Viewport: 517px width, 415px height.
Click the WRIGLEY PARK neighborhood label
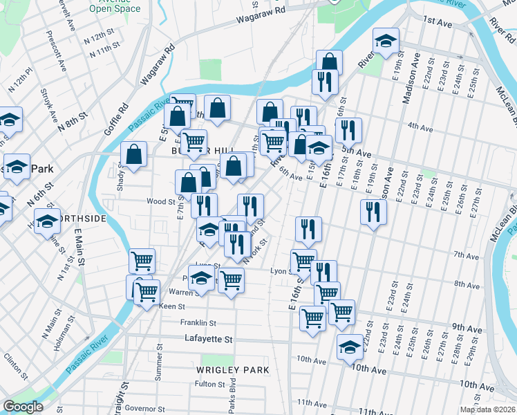point(233,370)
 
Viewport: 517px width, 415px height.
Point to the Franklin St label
point(198,322)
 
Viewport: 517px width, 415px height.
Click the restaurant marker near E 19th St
point(373,211)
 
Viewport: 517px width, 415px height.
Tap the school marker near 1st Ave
point(386,40)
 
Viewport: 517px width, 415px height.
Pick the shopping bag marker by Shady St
point(133,154)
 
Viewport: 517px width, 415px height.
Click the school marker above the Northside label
point(47,222)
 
